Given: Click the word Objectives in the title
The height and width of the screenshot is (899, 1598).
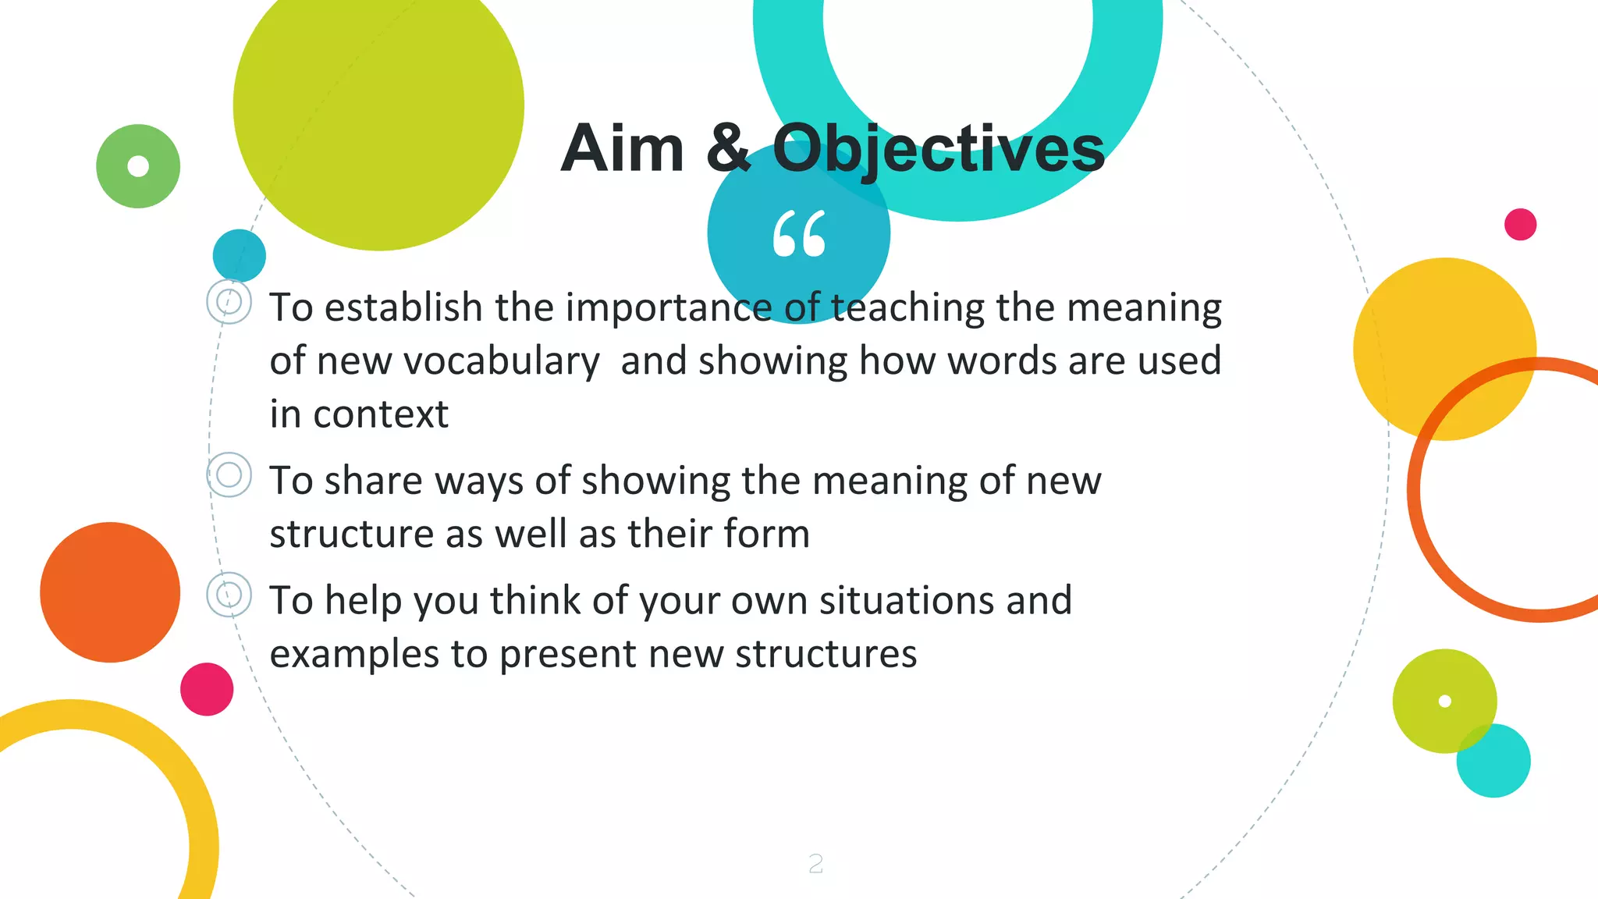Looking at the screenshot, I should coord(938,150).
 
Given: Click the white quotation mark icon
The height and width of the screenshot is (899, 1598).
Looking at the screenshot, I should coord(799,233).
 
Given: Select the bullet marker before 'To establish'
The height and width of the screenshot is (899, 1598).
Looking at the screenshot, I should coord(229,302).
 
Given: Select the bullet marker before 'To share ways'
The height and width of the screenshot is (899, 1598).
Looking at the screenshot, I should coord(229,474).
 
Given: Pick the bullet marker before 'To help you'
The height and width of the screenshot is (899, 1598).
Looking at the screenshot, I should coord(229,595).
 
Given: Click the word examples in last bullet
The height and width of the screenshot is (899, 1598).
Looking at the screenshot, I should coord(354,654).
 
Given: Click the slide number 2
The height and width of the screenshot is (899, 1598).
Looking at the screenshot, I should coord(815,863).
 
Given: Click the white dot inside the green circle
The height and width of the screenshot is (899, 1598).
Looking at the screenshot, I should coord(138,166).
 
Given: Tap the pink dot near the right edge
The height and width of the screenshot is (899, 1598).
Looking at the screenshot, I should coord(1520,225).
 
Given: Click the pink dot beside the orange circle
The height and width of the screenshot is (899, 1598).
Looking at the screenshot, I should coord(207,689).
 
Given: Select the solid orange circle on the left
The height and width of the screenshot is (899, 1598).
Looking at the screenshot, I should coord(110,592).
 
